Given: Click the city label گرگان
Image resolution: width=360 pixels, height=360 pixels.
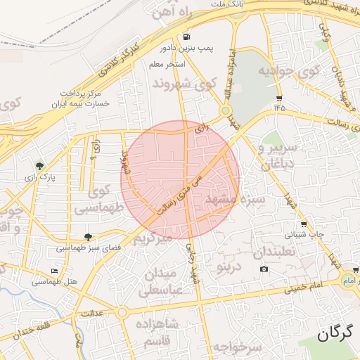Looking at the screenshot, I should coord(333,335).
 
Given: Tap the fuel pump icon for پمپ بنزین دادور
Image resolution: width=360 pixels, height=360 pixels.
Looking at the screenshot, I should coord(186,37).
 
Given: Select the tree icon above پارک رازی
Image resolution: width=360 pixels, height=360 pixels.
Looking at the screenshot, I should coord(40,167).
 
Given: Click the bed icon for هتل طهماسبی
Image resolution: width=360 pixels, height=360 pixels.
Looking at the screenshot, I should coord(55,271).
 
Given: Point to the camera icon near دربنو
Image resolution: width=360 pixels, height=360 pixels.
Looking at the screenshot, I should coord(264,269).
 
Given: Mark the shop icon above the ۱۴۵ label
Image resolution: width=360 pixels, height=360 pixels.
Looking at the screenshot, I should coord(280,98).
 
